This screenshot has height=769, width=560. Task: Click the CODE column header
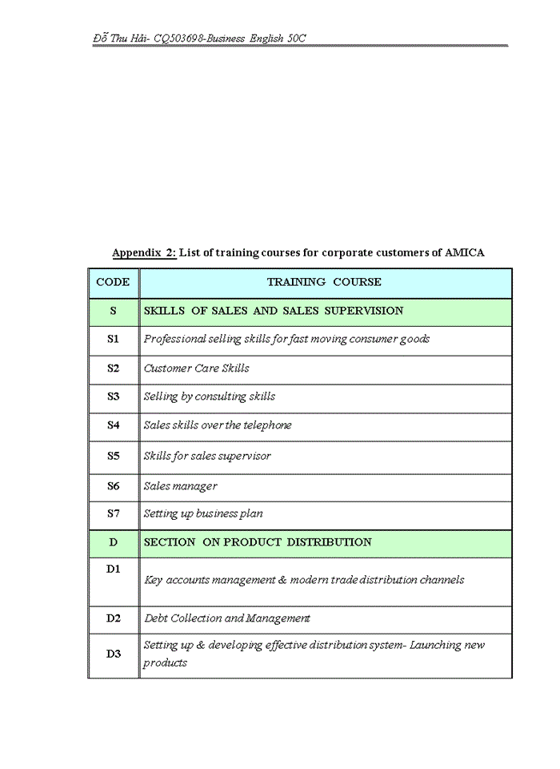[113, 282]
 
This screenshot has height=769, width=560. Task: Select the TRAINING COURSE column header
[324, 282]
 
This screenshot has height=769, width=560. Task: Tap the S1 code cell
[113, 339]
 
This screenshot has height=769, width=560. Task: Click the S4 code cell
[113, 425]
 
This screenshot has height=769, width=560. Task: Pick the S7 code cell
[113, 513]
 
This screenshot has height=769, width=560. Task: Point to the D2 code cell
[113, 618]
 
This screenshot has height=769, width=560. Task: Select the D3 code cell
[113, 654]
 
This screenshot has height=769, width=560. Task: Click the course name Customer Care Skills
[196, 368]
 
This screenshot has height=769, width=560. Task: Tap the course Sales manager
[180, 486]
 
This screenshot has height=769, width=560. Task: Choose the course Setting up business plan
[203, 513]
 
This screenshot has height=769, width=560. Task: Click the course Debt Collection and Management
[226, 618]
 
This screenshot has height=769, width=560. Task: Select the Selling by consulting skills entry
[210, 397]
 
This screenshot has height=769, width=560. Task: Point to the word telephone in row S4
[267, 425]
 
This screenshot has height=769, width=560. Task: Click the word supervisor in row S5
[245, 456]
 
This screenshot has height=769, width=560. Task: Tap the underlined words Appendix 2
[143, 253]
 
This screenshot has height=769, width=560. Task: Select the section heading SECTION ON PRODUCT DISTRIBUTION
[258, 542]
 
